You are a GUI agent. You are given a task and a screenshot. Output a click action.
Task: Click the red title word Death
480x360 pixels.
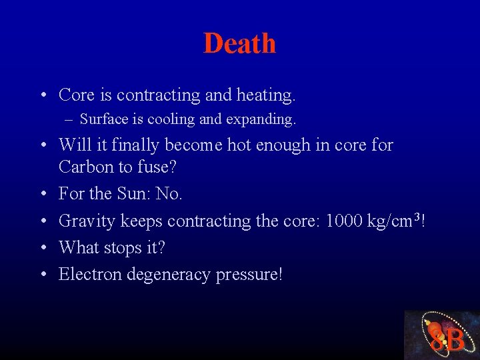[239, 43]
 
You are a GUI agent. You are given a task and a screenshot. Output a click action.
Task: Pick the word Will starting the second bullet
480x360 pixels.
[73, 145]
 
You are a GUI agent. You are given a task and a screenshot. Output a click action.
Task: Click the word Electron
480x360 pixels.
[89, 274]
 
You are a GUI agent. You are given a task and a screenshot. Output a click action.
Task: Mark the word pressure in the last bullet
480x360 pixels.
[249, 275]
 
